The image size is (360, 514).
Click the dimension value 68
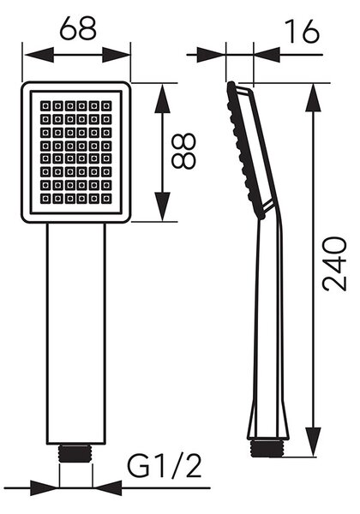pyautogui.click(x=78, y=28)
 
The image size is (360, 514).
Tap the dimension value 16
pyautogui.click(x=302, y=31)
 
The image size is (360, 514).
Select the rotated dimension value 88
pyautogui.click(x=184, y=151)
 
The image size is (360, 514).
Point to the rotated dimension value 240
pyautogui.click(x=334, y=264)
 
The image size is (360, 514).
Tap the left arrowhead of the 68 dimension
pyautogui.click(x=39, y=55)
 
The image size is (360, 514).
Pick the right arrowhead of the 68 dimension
pyautogui.click(x=117, y=55)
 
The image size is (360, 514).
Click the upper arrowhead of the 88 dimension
pyautogui.click(x=162, y=99)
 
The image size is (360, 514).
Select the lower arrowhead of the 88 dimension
pyautogui.click(x=162, y=206)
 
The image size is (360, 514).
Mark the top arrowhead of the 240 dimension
pyautogui.click(x=313, y=99)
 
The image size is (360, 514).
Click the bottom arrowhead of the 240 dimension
pyautogui.click(x=313, y=441)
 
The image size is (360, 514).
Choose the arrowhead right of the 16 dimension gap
pyautogui.click(x=267, y=55)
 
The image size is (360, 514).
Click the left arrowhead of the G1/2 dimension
pyautogui.click(x=45, y=487)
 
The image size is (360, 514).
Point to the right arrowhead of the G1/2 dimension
pyautogui.click(x=107, y=487)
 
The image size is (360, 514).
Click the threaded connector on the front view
pyautogui.click(x=75, y=453)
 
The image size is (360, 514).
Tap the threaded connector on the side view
pyautogui.click(x=267, y=448)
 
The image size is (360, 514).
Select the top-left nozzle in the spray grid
pyautogui.click(x=45, y=106)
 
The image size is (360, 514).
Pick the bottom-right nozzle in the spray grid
pyautogui.click(x=106, y=199)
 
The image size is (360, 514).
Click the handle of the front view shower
pyautogui.click(x=76, y=333)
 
